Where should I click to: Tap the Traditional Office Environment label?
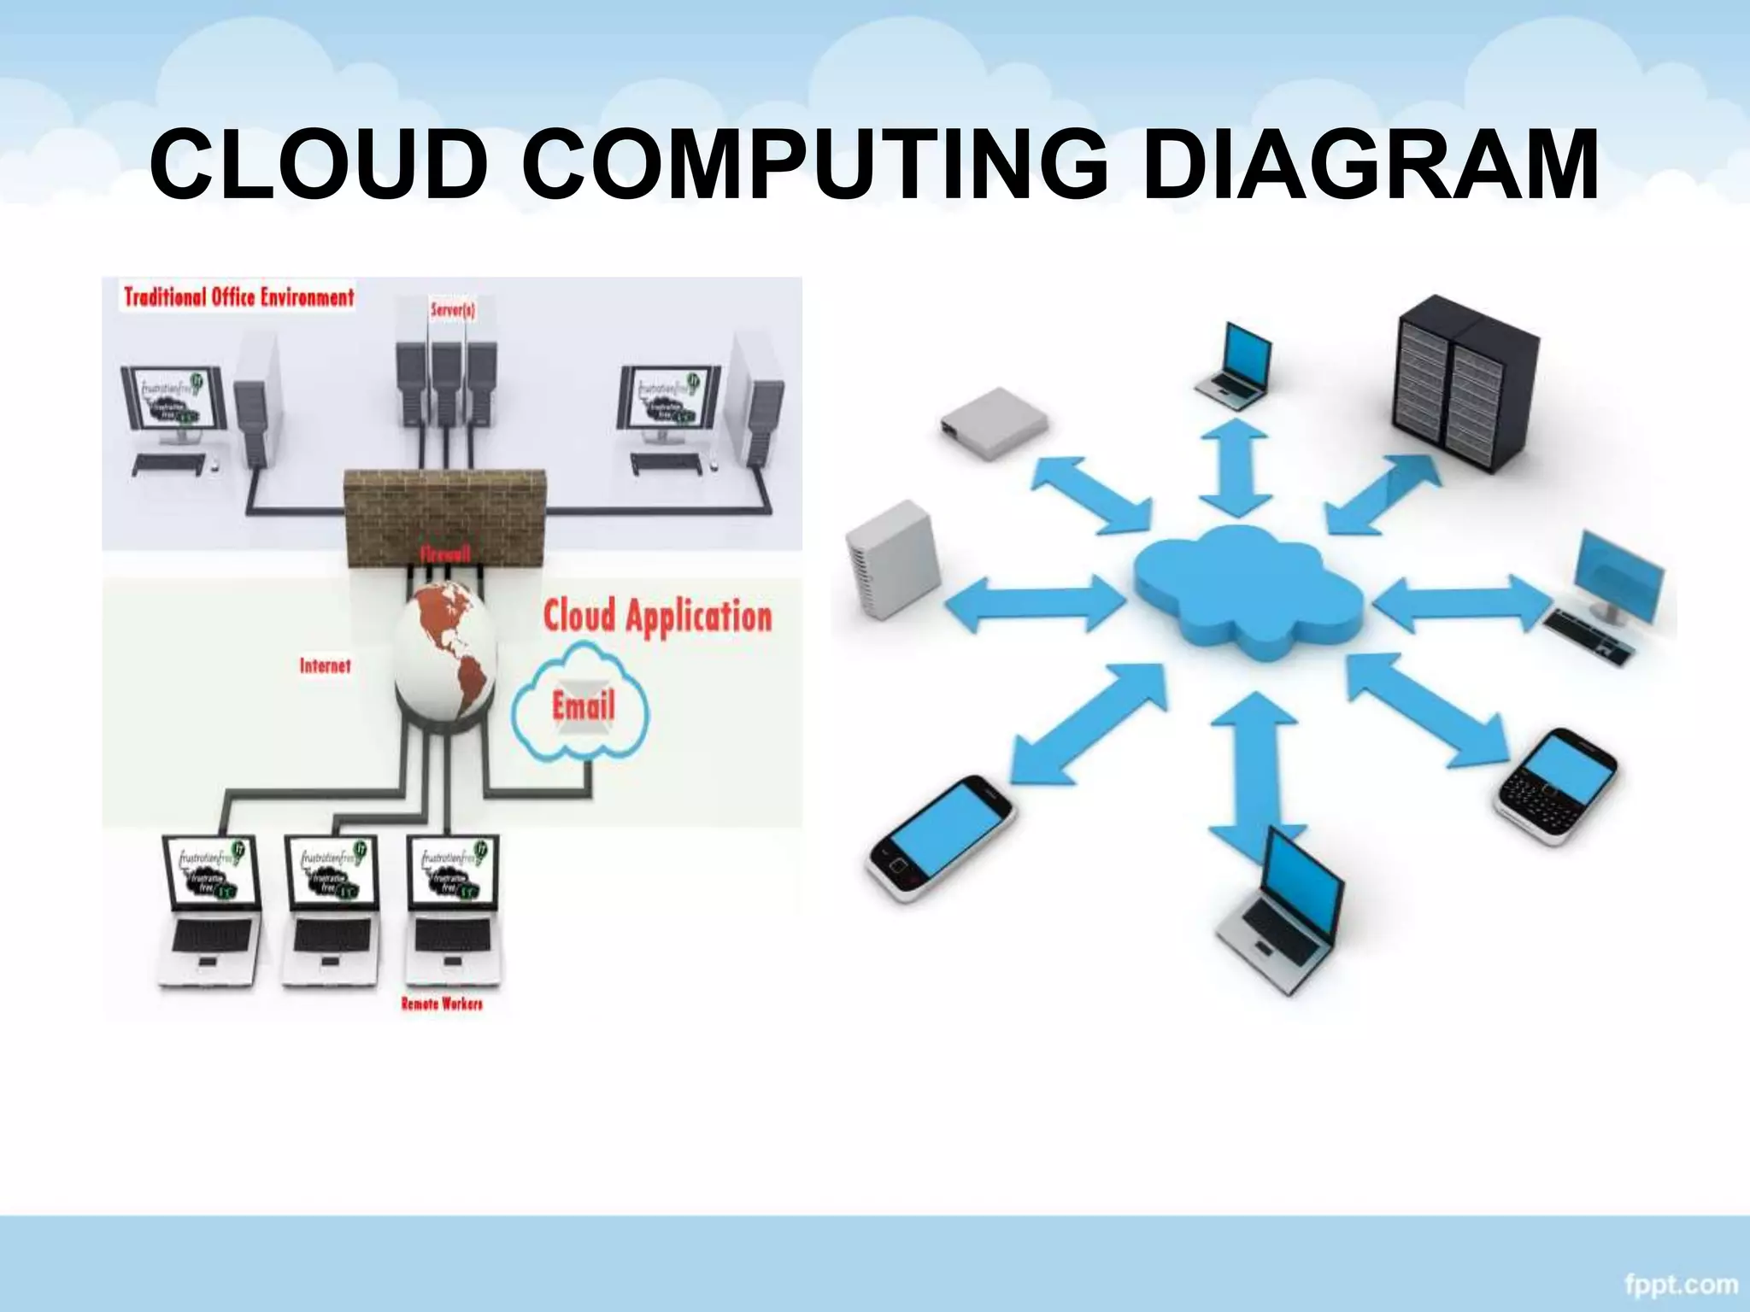click(238, 297)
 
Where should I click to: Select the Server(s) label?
click(453, 309)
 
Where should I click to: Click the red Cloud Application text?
click(657, 617)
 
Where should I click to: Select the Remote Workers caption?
click(442, 1004)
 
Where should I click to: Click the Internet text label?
click(325, 665)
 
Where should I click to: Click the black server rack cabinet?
click(1465, 384)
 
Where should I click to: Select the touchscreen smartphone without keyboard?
click(940, 837)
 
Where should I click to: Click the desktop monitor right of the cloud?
click(1611, 581)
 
